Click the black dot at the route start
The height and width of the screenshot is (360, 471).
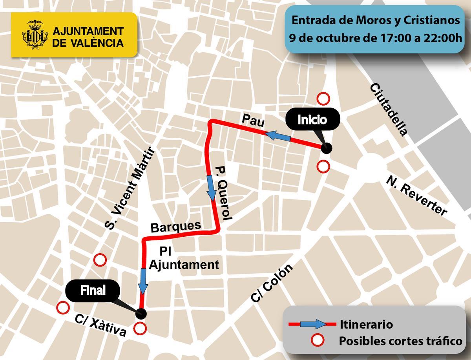tap(326, 148)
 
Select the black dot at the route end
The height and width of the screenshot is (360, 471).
tap(141, 313)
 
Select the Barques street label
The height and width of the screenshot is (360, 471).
tap(176, 226)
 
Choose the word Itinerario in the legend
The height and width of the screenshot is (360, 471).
tap(366, 325)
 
